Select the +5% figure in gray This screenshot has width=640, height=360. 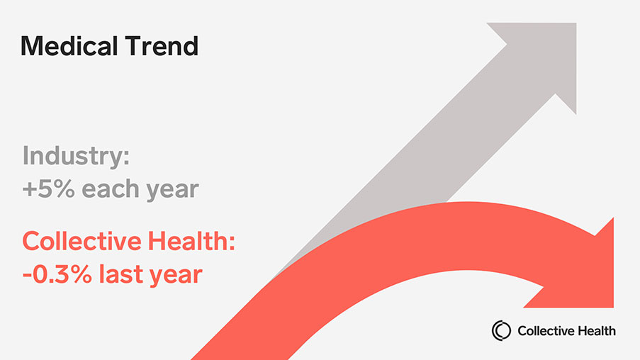point(45,189)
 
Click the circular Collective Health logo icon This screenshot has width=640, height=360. point(502,330)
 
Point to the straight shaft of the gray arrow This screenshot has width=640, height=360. point(425,156)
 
